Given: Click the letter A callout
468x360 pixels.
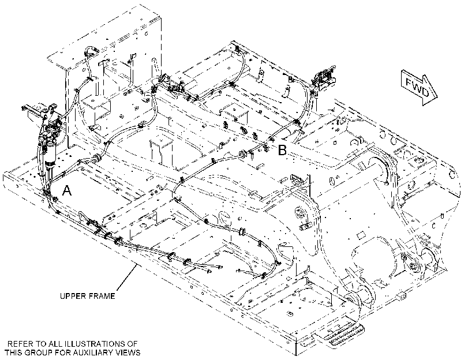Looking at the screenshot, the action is [x=67, y=190].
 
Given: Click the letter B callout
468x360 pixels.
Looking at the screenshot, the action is [x=282, y=150].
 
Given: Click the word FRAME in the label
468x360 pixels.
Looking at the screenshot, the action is [x=103, y=296].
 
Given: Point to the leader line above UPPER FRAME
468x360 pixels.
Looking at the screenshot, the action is [x=126, y=277].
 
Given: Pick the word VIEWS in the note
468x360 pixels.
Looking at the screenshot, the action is [x=129, y=352].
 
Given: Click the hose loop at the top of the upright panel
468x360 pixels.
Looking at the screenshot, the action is [x=91, y=51].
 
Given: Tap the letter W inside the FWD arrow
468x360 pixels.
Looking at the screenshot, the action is [x=418, y=87].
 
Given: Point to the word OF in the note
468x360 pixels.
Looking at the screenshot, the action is [x=133, y=343].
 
